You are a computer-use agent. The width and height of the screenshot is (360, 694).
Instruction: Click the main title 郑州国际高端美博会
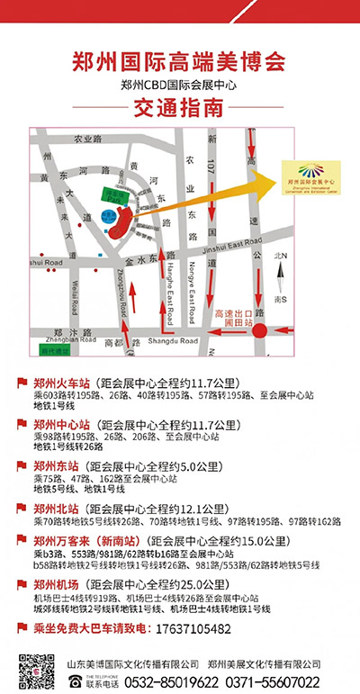click(179, 61)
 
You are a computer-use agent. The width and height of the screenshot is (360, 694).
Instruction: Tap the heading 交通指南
click(179, 110)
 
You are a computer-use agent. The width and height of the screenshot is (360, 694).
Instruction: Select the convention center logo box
click(313, 174)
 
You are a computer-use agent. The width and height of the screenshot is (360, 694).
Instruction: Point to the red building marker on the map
click(116, 217)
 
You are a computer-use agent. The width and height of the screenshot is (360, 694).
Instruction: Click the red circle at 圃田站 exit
click(260, 331)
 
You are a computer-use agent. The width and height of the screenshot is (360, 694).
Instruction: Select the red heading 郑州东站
click(55, 465)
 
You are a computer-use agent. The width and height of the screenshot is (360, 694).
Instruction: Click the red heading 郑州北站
click(55, 508)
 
